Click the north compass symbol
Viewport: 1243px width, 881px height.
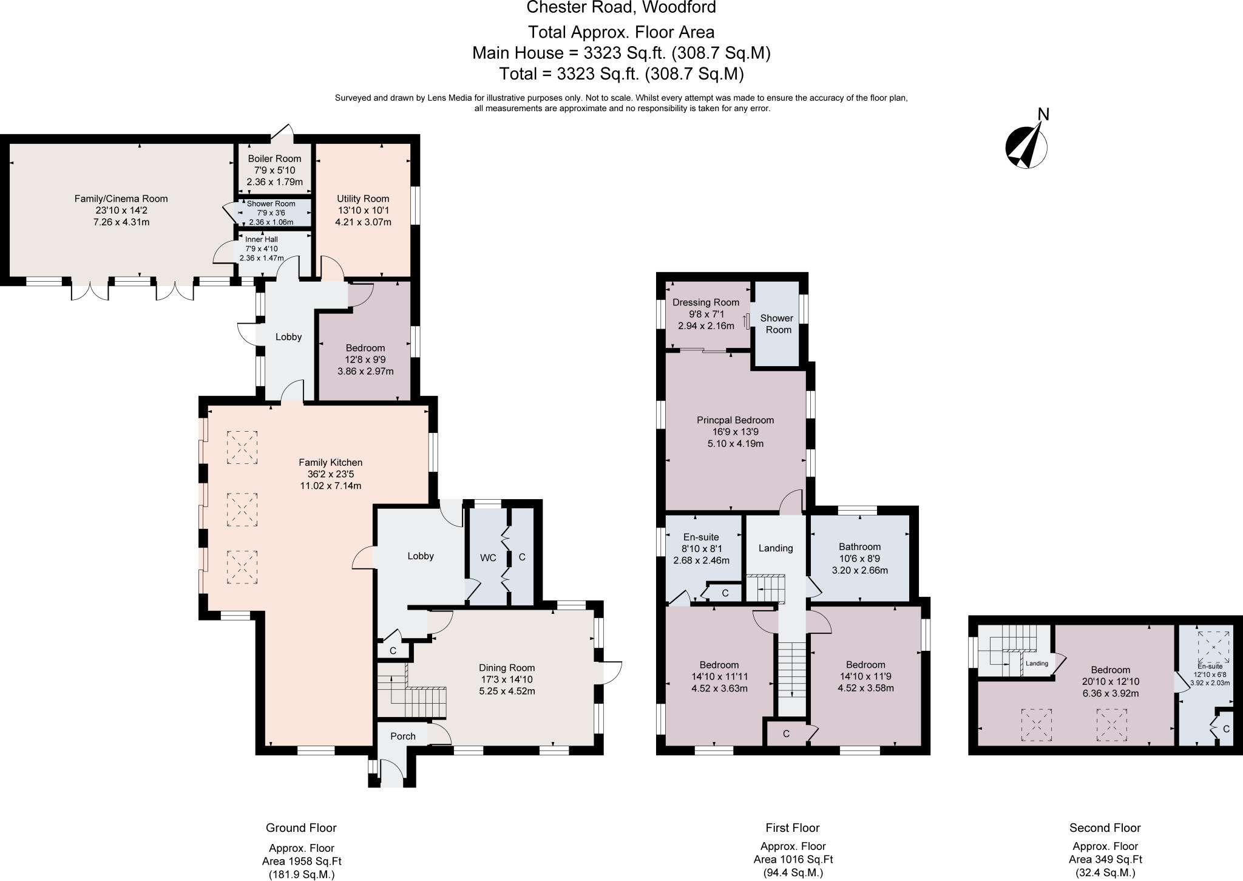pos(1026,146)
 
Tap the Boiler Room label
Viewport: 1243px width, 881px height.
pos(274,158)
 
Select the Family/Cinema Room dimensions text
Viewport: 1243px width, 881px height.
pos(121,211)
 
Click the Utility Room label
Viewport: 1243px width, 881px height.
pos(363,199)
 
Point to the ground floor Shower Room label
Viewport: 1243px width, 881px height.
pos(271,204)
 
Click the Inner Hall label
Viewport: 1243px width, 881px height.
pos(262,240)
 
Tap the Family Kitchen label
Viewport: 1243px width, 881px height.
pos(331,463)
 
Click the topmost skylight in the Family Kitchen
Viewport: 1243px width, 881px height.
pos(242,447)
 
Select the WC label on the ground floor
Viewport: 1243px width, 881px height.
pos(488,557)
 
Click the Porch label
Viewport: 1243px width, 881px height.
pos(403,736)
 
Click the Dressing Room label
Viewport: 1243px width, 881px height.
pos(706,302)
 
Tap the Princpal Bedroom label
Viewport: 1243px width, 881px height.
pos(735,420)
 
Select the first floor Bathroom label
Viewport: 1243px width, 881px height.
pos(859,546)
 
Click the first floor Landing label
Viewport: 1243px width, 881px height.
pos(776,548)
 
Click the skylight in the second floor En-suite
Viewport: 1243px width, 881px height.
pos(1213,647)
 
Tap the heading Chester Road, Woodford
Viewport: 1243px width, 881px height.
pos(621,8)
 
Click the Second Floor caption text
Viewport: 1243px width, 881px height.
pos(1105,828)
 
